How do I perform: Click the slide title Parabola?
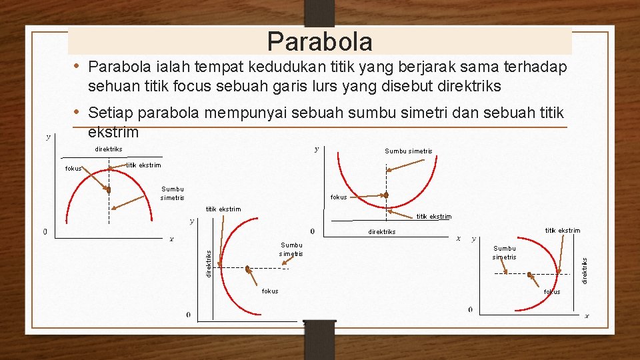click(319, 41)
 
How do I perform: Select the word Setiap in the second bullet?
click(110, 113)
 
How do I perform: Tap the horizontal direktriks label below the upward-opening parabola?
click(382, 232)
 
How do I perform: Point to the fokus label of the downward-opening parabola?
click(73, 169)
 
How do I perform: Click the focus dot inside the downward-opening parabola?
click(107, 190)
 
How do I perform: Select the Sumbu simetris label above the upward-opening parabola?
click(408, 151)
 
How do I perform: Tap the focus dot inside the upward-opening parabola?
click(385, 195)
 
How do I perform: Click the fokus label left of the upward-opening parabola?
click(339, 197)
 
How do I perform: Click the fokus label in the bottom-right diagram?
click(552, 292)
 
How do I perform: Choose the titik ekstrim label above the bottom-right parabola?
click(562, 231)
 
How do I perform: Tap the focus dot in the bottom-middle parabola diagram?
click(247, 269)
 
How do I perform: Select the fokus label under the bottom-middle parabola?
click(270, 291)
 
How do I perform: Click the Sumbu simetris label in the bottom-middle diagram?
click(291, 249)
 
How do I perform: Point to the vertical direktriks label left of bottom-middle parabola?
click(208, 263)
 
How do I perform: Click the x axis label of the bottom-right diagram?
click(587, 315)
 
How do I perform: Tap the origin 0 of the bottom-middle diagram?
click(188, 315)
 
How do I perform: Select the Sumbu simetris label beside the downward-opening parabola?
click(172, 193)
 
